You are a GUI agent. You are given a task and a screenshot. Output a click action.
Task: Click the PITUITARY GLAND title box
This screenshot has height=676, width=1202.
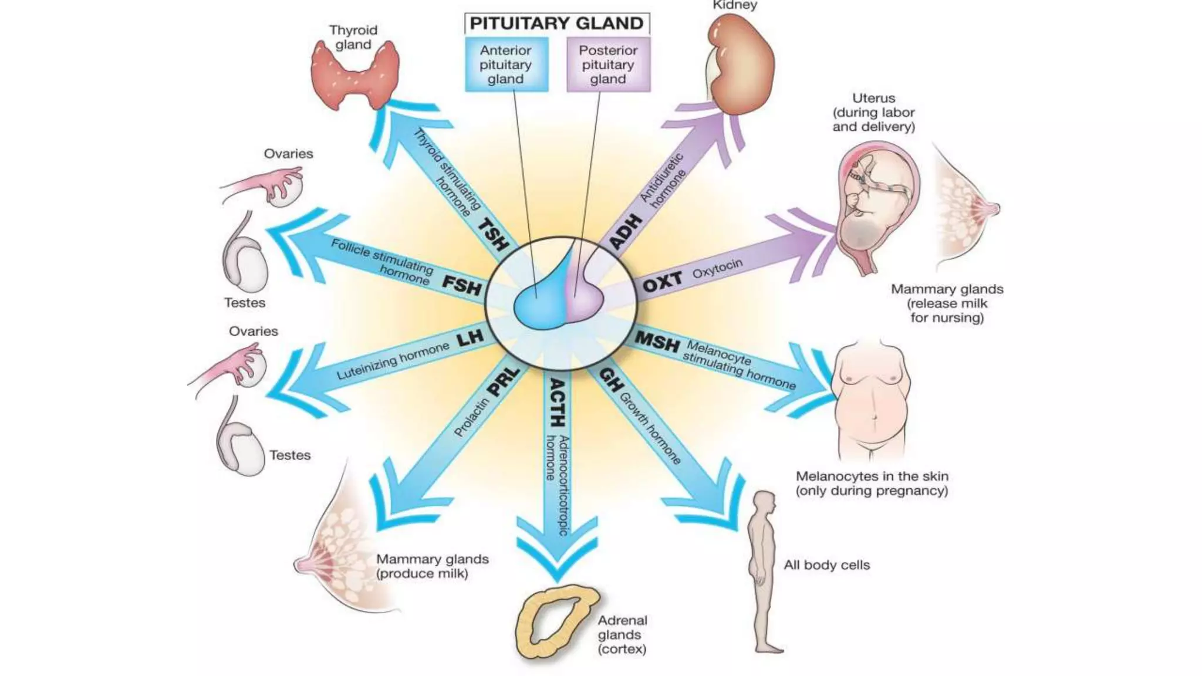(x=556, y=23)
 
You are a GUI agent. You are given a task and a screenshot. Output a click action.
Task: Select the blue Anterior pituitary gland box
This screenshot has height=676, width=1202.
(x=506, y=65)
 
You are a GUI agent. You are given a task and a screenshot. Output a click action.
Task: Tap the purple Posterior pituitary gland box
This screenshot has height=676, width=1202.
(x=608, y=65)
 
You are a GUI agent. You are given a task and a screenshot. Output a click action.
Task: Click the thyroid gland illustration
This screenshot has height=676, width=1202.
(x=354, y=76)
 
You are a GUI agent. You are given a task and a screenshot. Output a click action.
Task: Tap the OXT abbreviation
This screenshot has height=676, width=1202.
(x=662, y=283)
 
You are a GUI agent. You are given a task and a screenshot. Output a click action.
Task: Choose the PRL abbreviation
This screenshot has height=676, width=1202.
(x=504, y=382)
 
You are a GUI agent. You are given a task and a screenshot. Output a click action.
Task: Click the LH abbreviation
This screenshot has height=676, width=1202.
(x=470, y=338)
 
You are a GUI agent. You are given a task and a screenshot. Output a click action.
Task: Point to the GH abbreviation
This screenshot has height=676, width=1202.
(x=610, y=380)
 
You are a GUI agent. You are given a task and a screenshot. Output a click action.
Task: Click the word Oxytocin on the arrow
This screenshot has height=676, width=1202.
(x=717, y=269)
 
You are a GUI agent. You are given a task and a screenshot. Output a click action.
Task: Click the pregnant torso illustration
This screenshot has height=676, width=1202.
(x=872, y=399)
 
